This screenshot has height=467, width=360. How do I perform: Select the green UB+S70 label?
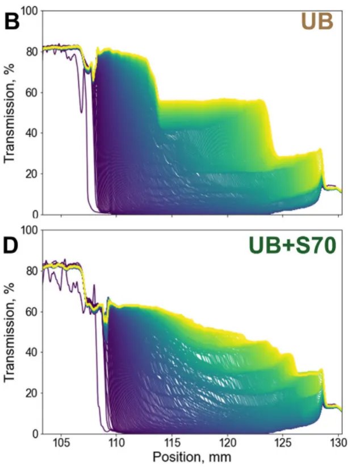[x=291, y=246]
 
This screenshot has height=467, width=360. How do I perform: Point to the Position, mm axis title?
[x=192, y=457]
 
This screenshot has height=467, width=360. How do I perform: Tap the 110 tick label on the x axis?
[x=116, y=443]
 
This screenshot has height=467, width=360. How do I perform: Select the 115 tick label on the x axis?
[x=172, y=443]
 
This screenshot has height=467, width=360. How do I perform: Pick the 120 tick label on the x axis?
[x=228, y=443]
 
